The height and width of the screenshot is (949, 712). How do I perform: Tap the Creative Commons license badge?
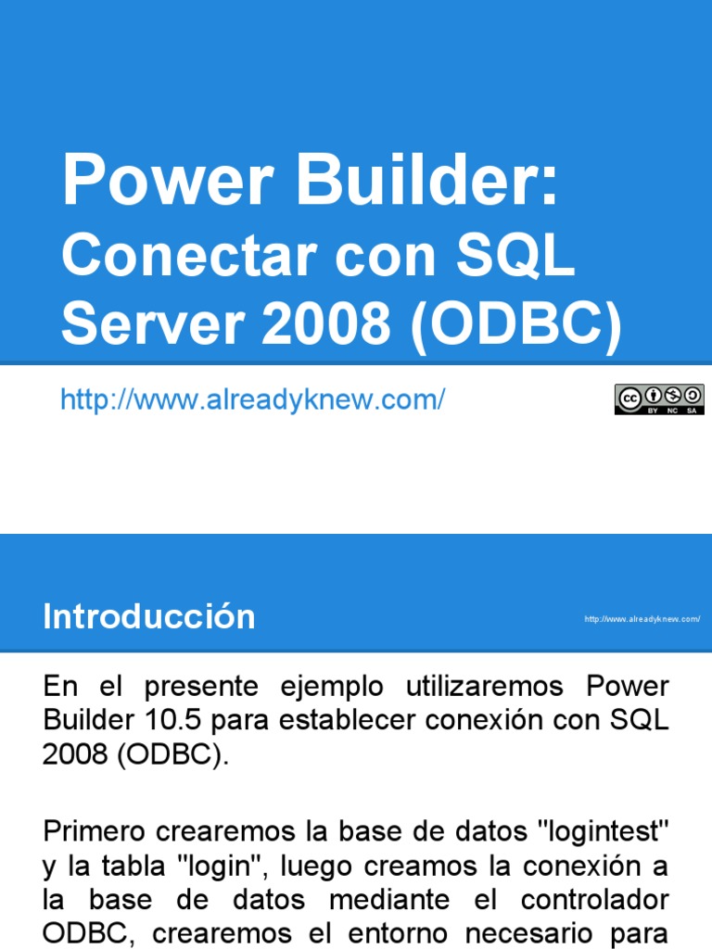(x=659, y=399)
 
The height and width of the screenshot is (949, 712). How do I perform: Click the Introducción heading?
(x=148, y=617)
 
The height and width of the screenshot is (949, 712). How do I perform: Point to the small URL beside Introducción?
(x=642, y=619)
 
